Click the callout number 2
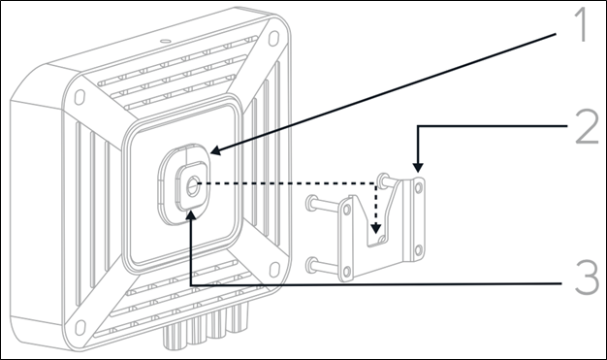(x=588, y=127)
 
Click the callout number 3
(x=587, y=278)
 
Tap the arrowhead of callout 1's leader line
(x=215, y=150)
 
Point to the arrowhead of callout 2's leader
(x=417, y=167)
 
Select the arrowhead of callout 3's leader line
(x=191, y=215)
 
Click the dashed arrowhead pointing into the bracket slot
(x=375, y=228)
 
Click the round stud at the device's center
(x=192, y=187)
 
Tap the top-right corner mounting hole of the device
(x=273, y=38)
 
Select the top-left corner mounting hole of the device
(x=80, y=97)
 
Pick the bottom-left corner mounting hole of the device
(x=80, y=327)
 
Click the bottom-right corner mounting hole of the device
(x=274, y=270)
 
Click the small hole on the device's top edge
(x=165, y=41)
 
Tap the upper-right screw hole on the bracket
(x=419, y=187)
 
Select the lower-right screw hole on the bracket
(x=419, y=250)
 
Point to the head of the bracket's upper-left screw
(x=311, y=203)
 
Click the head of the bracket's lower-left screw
(x=311, y=265)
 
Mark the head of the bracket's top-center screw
(x=383, y=180)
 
